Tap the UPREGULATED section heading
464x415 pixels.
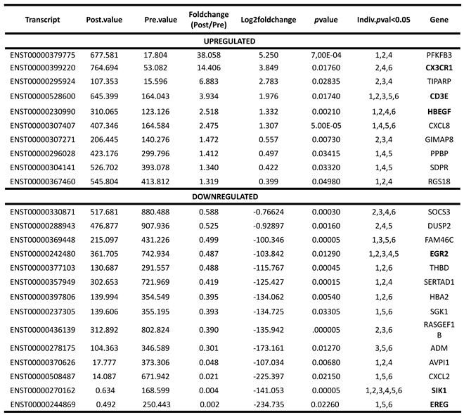tap(231, 41)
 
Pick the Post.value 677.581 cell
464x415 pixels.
tap(103, 55)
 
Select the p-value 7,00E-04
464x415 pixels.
tap(323, 55)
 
